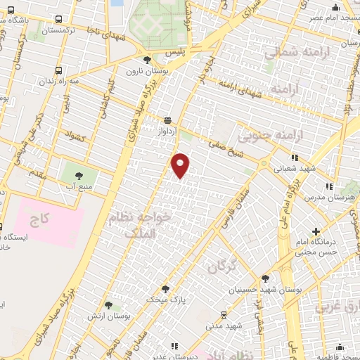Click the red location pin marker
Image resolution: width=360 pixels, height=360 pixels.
tap(181, 165)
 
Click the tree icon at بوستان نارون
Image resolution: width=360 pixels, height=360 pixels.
tap(146, 60)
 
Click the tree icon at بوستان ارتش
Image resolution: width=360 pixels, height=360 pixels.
tap(108, 305)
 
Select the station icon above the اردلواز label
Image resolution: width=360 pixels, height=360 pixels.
tap(167, 120)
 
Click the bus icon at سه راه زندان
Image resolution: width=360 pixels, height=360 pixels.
tap(58, 71)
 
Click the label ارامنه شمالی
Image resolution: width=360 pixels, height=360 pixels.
tap(290, 53)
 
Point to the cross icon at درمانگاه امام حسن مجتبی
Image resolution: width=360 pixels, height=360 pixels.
tap(316, 231)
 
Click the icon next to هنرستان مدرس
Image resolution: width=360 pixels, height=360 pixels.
tap(328, 186)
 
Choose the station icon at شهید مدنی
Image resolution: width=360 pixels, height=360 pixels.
tap(224, 314)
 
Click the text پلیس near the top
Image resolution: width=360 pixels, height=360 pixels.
tap(163, 52)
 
